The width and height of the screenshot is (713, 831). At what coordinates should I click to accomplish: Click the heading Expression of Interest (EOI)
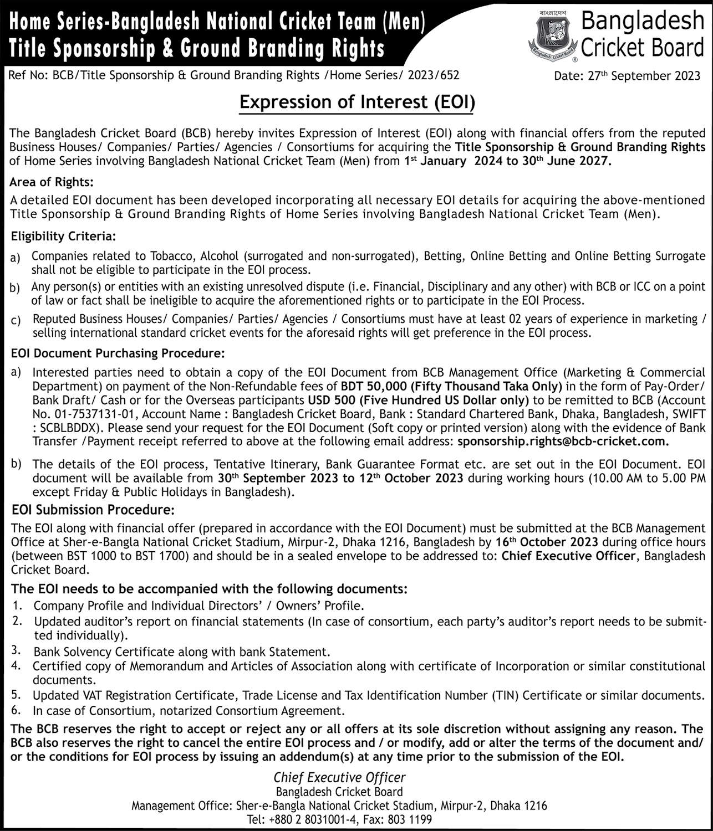(356, 102)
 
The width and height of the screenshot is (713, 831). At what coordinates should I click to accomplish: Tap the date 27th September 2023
(627, 76)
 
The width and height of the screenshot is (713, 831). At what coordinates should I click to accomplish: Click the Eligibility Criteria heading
(63, 237)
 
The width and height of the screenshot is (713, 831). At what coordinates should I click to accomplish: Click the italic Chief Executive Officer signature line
(340, 778)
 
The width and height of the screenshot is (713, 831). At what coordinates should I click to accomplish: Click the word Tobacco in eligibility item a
(170, 256)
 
